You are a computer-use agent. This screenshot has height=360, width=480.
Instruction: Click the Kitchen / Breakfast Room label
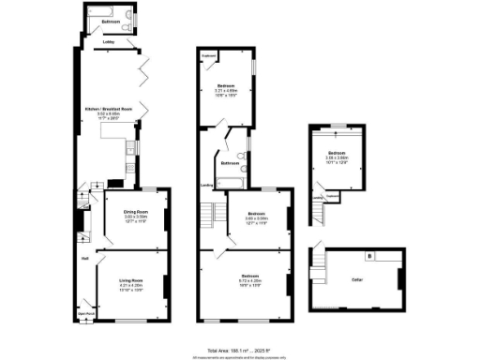pos(109,110)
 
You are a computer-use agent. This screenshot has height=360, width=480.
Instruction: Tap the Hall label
pos(84,258)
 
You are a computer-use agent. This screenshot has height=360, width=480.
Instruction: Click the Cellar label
pos(356,280)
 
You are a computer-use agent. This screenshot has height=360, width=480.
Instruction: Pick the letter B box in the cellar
pos(369,256)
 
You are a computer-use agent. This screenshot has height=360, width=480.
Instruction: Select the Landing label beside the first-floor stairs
pos(206,185)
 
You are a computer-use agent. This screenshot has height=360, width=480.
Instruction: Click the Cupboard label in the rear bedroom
pos(208,55)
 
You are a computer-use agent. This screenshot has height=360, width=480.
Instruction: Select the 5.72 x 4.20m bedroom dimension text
pos(249,280)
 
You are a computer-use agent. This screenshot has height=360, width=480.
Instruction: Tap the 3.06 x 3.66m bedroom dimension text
pos(337,157)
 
